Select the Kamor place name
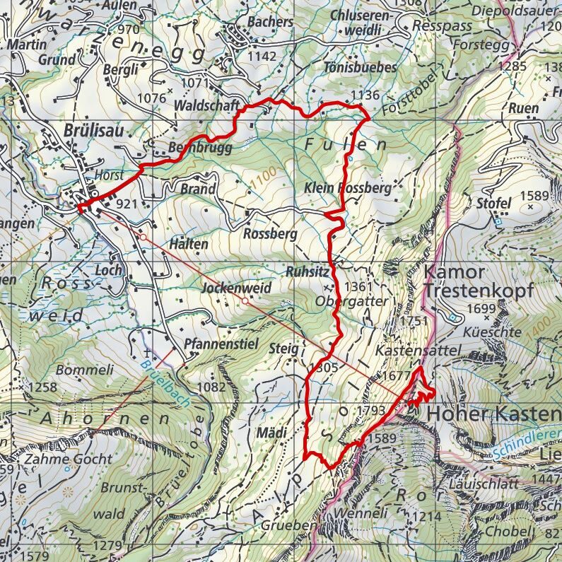[x=455, y=272]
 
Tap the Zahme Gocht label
[x=68, y=459]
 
